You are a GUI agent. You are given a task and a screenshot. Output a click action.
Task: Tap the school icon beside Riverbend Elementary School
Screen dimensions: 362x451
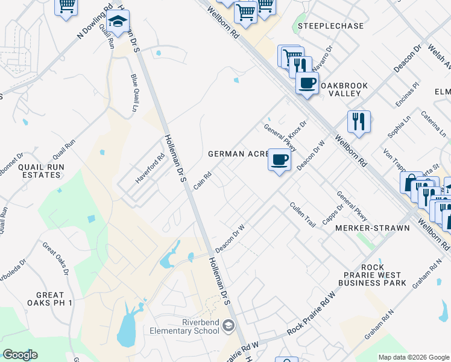pos(229,326)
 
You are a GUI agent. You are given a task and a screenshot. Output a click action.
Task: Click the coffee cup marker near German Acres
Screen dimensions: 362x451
pos(279,160)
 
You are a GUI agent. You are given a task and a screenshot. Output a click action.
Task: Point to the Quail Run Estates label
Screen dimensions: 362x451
pos(40,171)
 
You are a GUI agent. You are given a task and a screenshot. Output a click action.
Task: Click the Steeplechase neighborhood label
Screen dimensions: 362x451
pos(331,27)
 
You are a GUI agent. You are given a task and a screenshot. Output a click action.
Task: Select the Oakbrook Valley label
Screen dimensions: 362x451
pos(343,90)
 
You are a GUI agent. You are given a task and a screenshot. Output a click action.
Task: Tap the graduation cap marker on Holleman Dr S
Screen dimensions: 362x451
pos(119,23)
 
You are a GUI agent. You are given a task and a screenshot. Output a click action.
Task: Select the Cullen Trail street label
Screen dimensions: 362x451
pos(303,214)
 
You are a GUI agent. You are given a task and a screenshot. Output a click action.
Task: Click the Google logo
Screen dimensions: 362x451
pos(20,355)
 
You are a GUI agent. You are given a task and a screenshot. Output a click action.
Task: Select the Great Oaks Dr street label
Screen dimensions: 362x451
pos(55,259)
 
